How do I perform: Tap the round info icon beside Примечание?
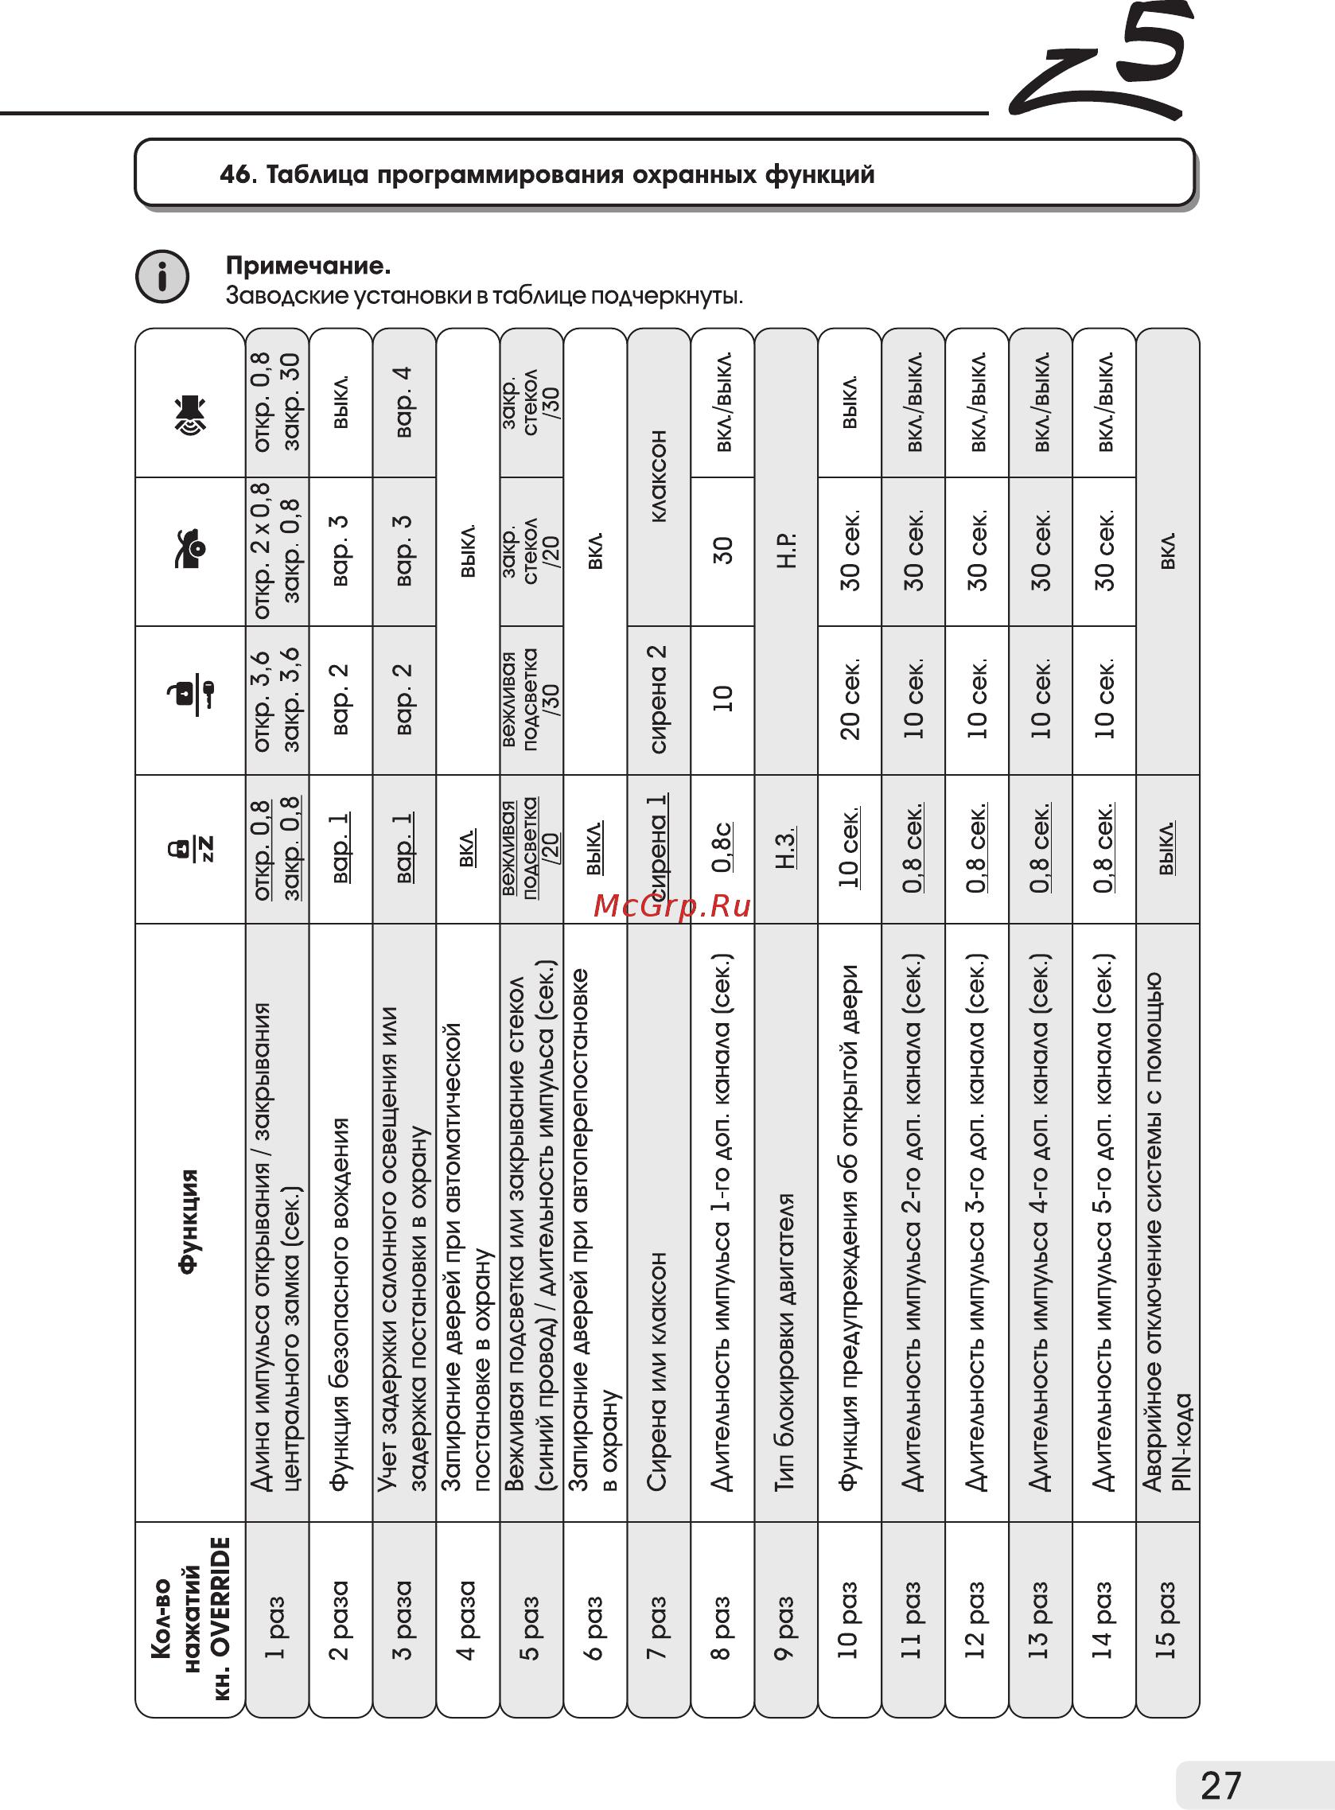[162, 277]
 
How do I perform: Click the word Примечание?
[308, 265]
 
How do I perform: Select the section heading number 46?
[238, 174]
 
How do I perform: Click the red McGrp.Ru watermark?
[671, 907]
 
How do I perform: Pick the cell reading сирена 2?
[658, 700]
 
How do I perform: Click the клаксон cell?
[658, 477]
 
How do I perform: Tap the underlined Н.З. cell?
[785, 847]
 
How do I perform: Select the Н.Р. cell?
[785, 551]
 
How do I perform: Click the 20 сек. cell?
[849, 700]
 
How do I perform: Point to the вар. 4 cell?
[403, 403]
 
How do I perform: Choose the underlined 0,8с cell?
[722, 847]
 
